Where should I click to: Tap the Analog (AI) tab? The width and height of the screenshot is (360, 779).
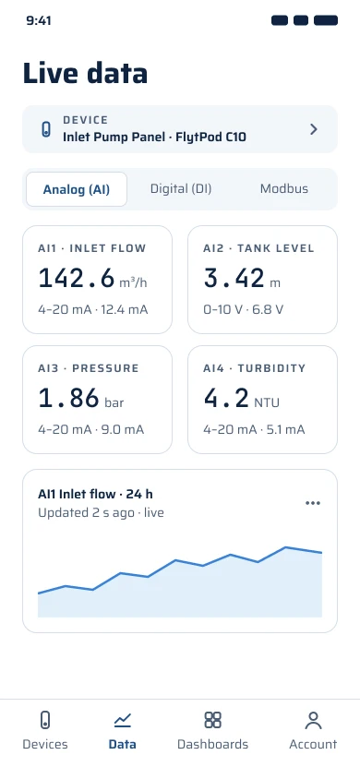77,189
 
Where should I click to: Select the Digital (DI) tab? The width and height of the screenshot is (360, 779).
181,189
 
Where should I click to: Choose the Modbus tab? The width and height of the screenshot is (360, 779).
284,189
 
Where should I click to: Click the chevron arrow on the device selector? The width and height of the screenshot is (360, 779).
314,129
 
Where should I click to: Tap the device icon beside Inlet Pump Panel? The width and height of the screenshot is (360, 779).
45,129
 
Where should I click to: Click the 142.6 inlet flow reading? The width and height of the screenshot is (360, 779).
77,278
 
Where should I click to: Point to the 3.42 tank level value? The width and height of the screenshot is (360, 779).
234,278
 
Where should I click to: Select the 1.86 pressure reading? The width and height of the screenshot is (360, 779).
68,398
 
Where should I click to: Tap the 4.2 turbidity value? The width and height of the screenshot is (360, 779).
226,398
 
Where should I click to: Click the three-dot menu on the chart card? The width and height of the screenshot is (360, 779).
313,503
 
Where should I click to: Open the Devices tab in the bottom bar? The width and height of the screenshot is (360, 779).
45,731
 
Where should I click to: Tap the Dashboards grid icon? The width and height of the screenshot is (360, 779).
212,720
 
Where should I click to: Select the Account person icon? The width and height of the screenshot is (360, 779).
313,720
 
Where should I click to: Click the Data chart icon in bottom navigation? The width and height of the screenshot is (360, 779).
122,719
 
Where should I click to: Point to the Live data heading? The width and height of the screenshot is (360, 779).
86,73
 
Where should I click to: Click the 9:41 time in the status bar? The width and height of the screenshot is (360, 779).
39,20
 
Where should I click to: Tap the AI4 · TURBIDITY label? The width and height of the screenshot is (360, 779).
254,368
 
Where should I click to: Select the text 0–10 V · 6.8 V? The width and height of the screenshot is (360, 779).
244,310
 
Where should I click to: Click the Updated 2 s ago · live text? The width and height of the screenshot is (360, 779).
101,512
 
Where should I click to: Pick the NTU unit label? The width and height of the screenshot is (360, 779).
267,402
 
